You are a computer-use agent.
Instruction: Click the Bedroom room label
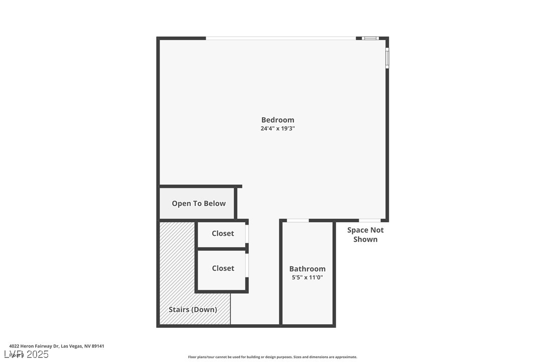coord(278,120)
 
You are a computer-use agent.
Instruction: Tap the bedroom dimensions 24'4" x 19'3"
coord(278,129)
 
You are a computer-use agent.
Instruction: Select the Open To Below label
coord(199,204)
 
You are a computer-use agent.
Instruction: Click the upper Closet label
coord(223,233)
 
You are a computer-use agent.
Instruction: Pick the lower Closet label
coord(223,268)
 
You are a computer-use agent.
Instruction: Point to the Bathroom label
coord(307,269)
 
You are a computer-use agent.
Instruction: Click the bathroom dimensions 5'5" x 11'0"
coord(307,278)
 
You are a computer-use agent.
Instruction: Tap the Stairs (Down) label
coord(193,310)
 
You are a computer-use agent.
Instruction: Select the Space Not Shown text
coord(365,235)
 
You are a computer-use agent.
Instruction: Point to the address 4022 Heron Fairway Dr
coord(57,346)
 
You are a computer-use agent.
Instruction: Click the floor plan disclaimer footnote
coord(272,357)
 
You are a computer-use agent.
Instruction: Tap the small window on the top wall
coord(370,38)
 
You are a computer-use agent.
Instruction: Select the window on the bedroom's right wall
coord(387,58)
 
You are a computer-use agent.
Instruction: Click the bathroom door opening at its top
coord(298,220)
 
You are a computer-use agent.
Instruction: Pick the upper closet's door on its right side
coord(247,234)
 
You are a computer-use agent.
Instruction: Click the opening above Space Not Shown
coord(369,220)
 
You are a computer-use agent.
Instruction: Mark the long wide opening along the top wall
coord(281,38)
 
